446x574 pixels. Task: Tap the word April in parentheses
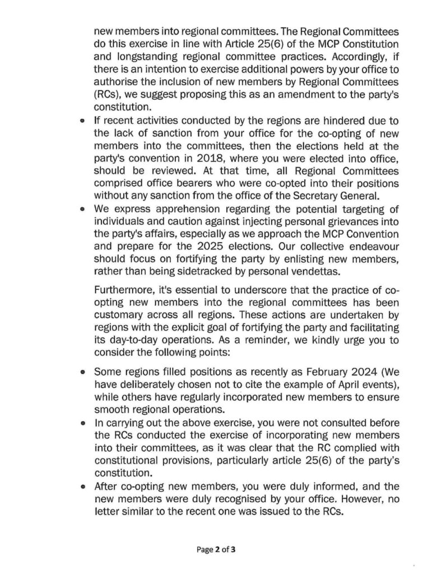tap(347, 383)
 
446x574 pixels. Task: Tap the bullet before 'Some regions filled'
tap(83, 372)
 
